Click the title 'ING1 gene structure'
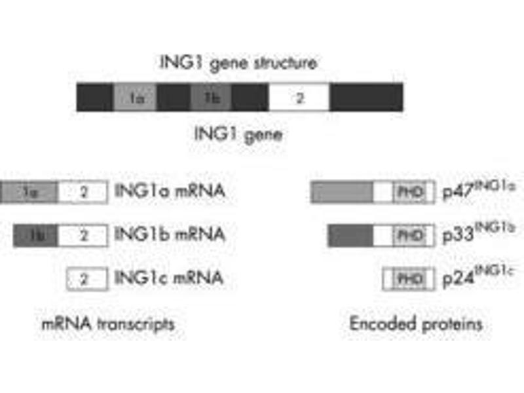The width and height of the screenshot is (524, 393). click(239, 63)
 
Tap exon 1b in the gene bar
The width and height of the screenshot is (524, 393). click(211, 98)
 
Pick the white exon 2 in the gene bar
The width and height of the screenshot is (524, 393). click(299, 98)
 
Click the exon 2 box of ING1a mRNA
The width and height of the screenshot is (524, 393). click(83, 192)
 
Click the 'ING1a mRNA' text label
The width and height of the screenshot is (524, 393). click(170, 191)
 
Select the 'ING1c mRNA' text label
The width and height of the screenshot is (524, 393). click(169, 278)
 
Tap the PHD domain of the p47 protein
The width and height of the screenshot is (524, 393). click(409, 192)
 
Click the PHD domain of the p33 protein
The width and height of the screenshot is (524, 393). click(409, 235)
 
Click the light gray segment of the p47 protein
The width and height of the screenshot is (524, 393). click(342, 192)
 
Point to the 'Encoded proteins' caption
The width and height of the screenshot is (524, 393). click(416, 324)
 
